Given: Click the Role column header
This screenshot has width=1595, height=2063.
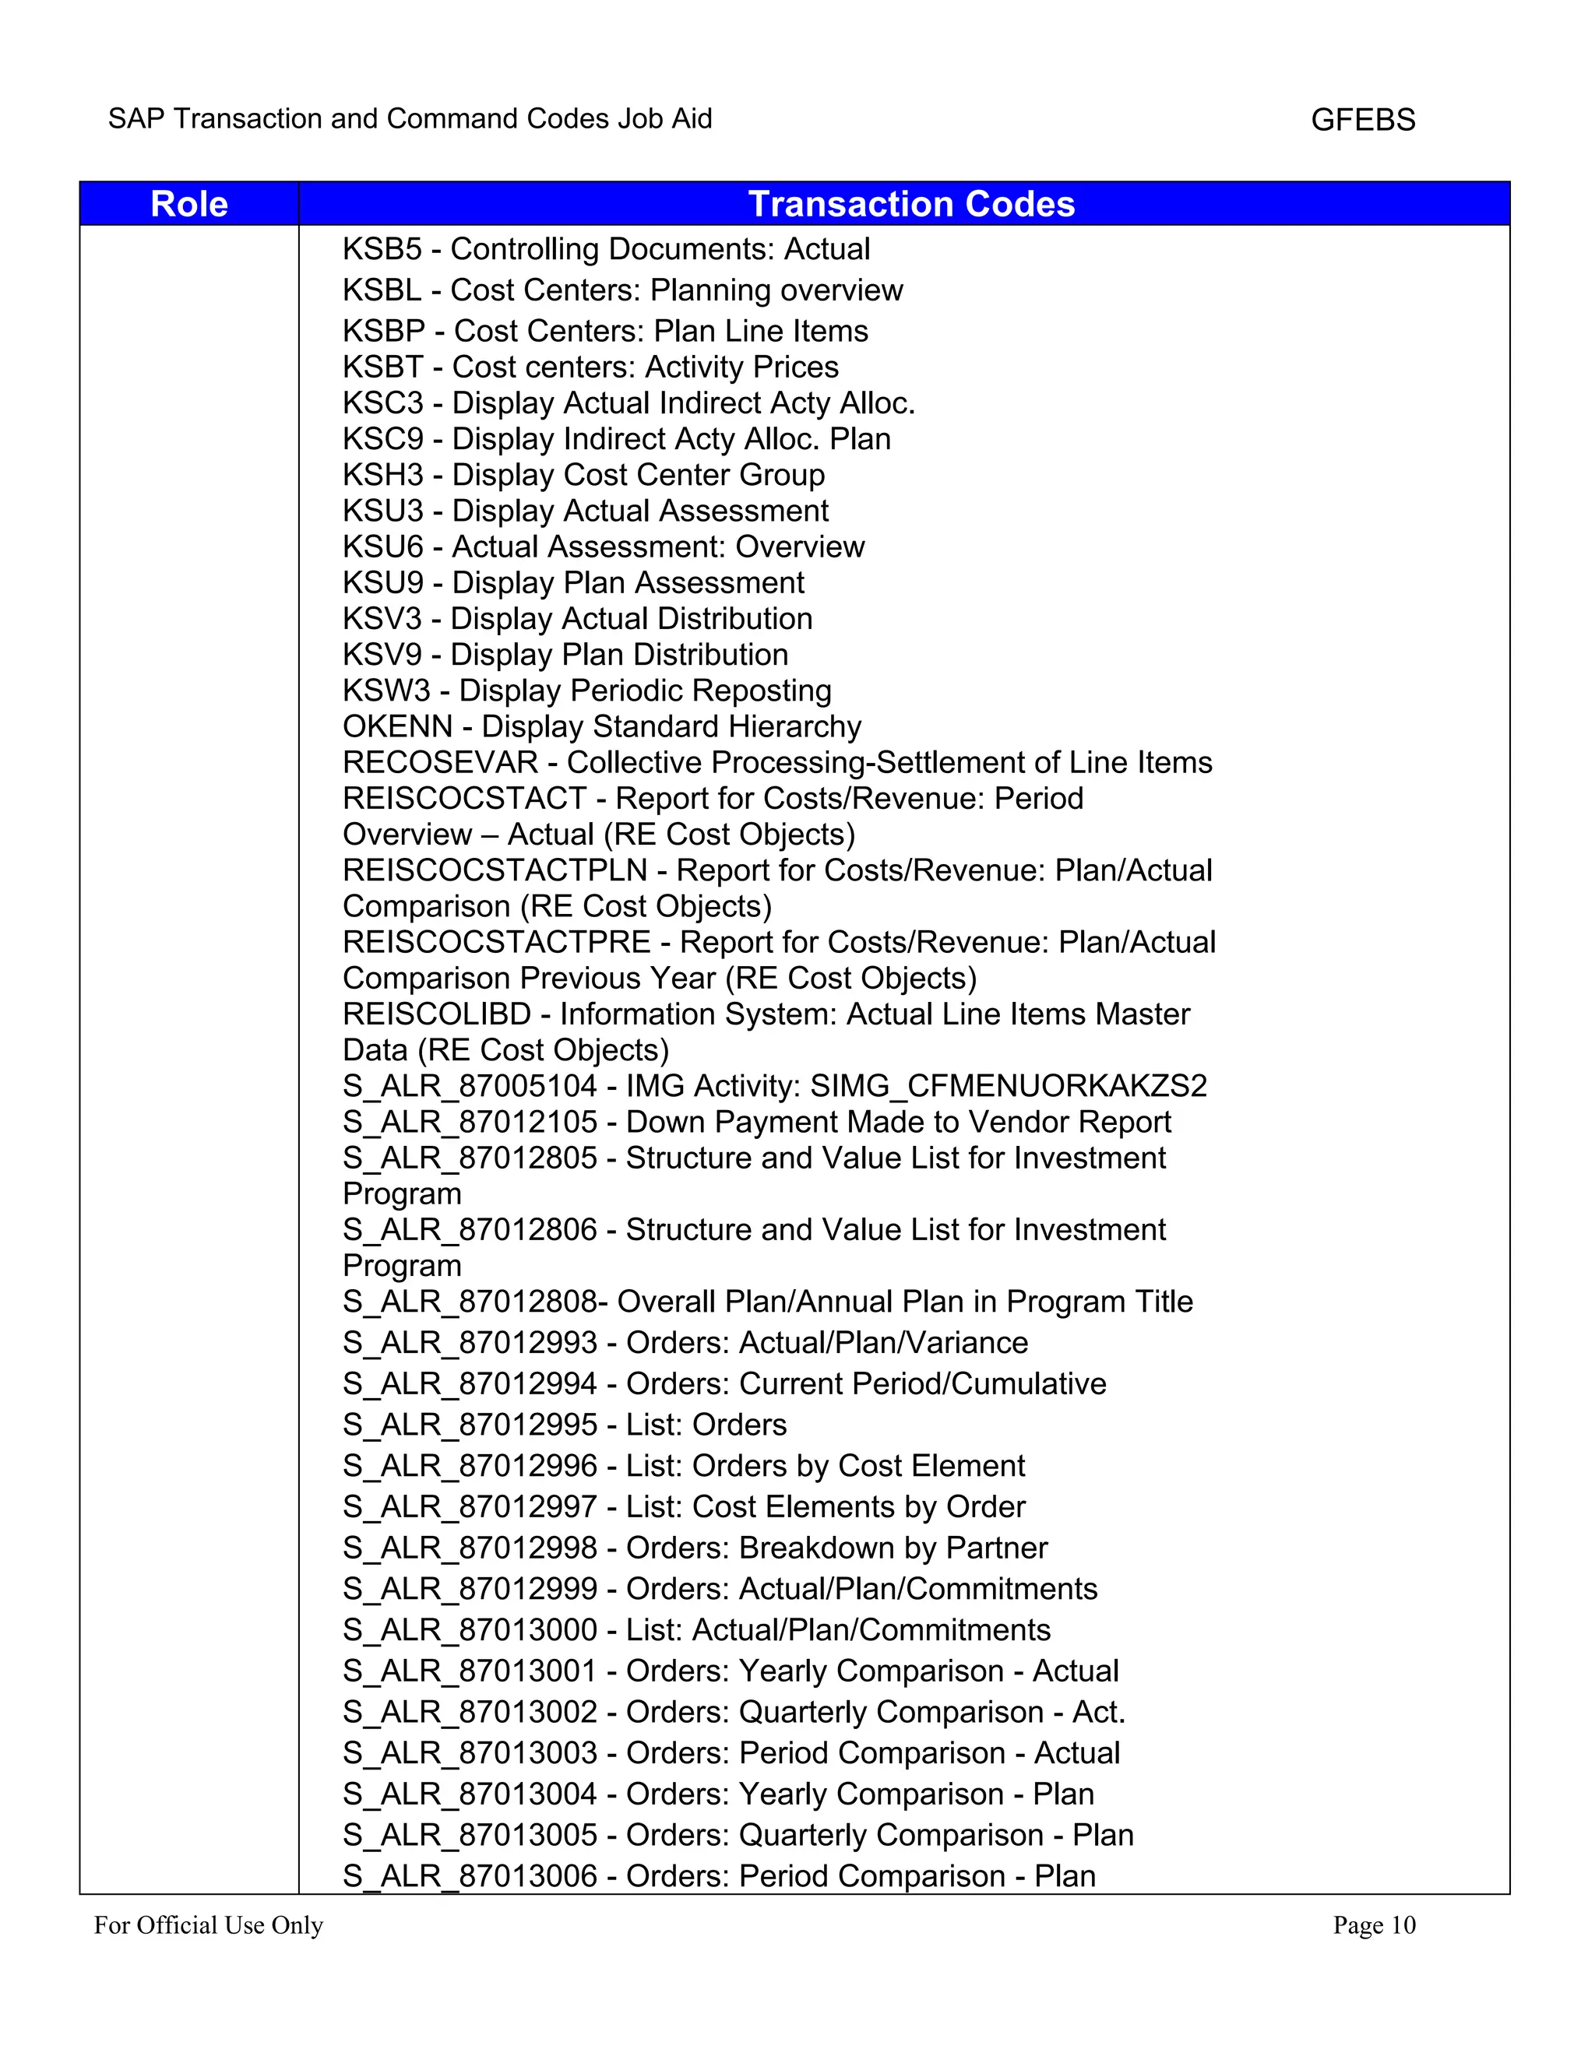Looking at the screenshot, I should coord(189,204).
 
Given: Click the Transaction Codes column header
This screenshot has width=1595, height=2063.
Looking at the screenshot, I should coord(911,204).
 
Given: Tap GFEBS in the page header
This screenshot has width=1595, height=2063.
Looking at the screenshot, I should coord(1363,120).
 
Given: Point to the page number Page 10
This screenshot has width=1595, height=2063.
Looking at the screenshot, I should coord(1374,1924).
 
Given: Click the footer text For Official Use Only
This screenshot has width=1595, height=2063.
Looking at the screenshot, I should coord(208,1924).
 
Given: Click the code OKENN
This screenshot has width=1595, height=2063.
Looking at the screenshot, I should coord(398,726).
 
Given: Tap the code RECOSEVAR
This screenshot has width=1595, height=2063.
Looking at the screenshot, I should coord(440,762).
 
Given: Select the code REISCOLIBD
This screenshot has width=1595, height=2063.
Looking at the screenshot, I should coord(437,1014).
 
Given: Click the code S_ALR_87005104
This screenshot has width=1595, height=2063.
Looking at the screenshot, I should coord(470,1085).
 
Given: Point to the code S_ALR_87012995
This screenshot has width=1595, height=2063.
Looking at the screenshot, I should coord(470,1425).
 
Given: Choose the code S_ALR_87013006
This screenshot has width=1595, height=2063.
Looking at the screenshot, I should coord(470,1875).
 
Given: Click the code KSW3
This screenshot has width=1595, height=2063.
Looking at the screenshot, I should coord(386,691).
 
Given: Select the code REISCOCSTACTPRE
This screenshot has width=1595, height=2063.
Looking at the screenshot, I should coord(497,942).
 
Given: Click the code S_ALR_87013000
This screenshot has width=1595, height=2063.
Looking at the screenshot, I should coord(470,1629).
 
